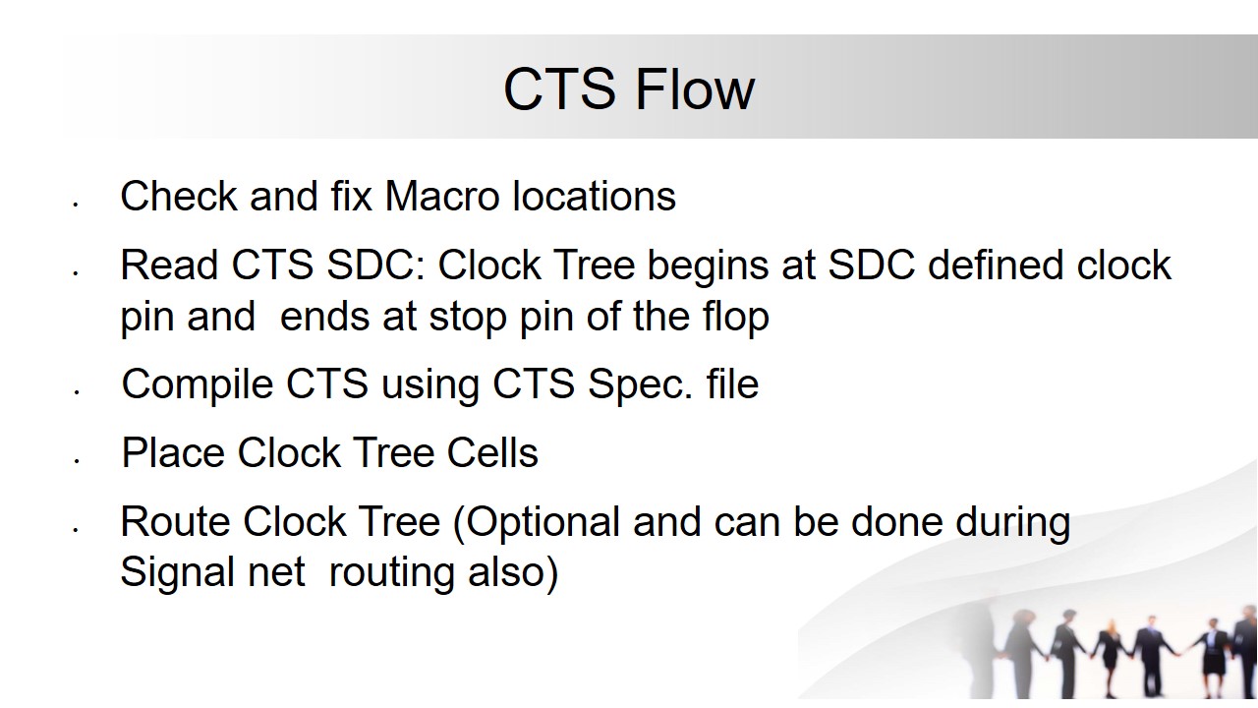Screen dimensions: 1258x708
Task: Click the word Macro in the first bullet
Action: [442, 196]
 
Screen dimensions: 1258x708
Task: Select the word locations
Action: [595, 196]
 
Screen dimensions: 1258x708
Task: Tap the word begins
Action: [708, 266]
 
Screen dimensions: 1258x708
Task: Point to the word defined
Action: [996, 265]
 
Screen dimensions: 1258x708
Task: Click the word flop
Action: [736, 318]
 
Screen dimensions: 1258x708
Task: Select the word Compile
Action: [198, 386]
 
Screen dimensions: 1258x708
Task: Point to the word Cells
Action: [492, 452]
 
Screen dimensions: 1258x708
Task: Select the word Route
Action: [175, 521]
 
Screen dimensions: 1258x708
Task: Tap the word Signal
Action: [178, 573]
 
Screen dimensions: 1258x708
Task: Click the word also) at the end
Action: [513, 572]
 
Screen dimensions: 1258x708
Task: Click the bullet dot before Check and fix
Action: [75, 205]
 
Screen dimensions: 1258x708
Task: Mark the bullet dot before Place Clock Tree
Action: [76, 461]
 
